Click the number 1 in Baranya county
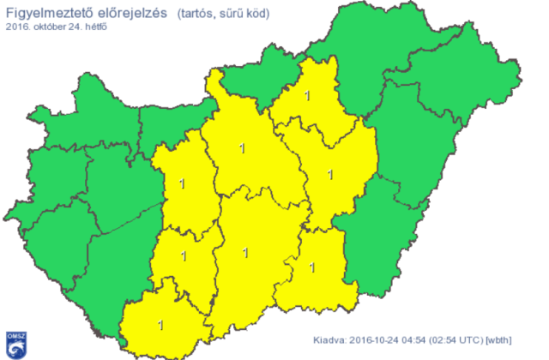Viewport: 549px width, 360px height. [160, 325]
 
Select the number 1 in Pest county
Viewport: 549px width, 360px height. [242, 149]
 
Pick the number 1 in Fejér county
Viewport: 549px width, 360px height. [182, 183]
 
